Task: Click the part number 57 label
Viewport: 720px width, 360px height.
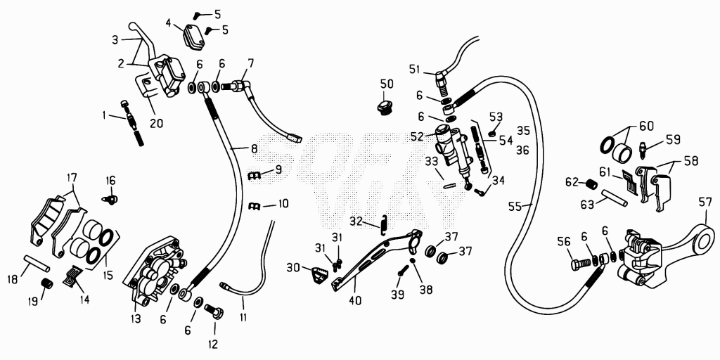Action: pos(705,202)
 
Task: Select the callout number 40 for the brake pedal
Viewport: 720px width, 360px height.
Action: pos(354,301)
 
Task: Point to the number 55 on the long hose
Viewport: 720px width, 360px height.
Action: pos(515,207)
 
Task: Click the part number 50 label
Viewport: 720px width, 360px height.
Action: pos(387,84)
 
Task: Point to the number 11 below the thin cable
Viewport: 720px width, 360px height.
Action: pos(243,317)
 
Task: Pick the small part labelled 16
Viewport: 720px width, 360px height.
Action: pos(109,198)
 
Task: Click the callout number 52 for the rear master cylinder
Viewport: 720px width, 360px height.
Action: pos(418,136)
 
